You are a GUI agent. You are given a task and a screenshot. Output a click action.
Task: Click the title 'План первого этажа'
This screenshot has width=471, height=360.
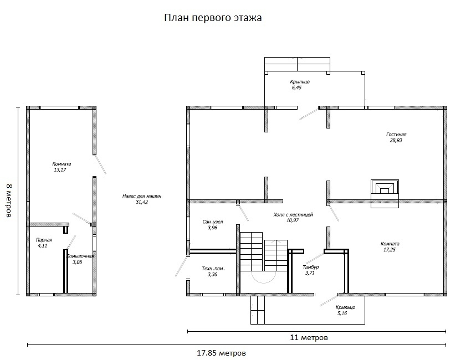[x=213, y=18]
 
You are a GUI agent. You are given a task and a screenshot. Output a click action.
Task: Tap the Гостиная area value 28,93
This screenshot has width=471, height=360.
[x=396, y=140]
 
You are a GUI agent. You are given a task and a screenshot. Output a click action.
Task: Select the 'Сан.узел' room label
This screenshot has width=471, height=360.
[x=213, y=222]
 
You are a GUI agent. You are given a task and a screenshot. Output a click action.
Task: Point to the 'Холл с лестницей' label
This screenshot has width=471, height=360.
[x=293, y=215]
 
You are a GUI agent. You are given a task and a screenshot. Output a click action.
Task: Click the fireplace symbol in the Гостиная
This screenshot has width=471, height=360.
[x=385, y=194]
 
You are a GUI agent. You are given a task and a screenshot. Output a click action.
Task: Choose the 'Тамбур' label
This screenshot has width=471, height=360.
[x=311, y=267]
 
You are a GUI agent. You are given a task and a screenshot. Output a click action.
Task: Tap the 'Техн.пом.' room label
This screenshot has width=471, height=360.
[x=213, y=269]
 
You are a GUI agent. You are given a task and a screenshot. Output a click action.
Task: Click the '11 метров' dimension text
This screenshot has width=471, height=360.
[x=309, y=337]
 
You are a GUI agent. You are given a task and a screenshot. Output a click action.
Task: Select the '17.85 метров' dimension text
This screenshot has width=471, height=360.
[x=222, y=353]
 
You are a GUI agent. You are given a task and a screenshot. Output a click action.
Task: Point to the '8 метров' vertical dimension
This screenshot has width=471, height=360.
[x=9, y=200]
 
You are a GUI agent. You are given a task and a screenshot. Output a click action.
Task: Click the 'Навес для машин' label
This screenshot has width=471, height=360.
[x=142, y=197]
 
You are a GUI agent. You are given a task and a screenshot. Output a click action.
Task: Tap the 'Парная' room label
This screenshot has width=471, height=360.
[x=44, y=240]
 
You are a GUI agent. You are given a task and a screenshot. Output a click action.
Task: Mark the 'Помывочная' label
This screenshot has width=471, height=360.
[x=80, y=256]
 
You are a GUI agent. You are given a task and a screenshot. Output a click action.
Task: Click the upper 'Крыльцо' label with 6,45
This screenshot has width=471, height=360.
[x=300, y=81]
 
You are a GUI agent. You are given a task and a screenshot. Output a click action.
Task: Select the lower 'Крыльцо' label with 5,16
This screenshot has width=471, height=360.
[x=345, y=307]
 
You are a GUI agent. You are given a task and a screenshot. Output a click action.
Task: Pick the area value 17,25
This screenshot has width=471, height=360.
[x=390, y=250]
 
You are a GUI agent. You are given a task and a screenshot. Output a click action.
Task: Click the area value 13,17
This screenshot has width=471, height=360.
[x=60, y=169]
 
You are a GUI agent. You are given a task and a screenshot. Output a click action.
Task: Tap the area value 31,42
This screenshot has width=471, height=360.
[x=142, y=202]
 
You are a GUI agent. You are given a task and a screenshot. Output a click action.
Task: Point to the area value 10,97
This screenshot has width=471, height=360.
[x=293, y=220]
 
